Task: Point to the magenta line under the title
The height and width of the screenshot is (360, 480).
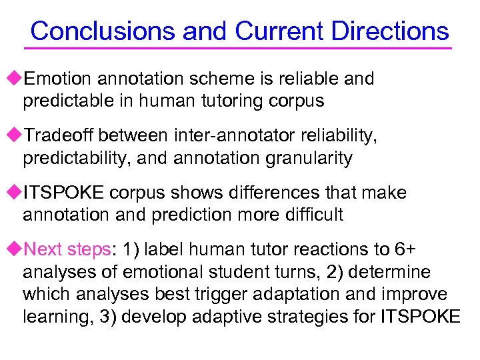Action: (238, 48)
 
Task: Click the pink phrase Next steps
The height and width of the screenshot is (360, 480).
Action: (67, 250)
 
